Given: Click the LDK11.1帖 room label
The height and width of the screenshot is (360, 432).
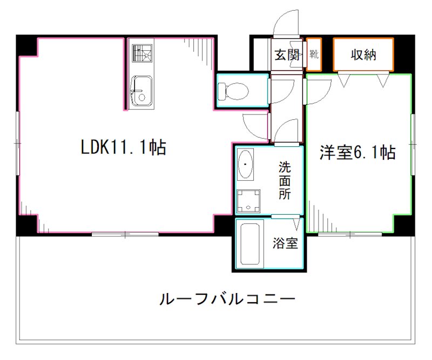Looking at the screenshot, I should click(124, 147).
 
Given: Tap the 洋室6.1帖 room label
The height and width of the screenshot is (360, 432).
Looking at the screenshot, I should click(357, 153).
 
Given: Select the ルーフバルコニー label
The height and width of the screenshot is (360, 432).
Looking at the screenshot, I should click(227, 298).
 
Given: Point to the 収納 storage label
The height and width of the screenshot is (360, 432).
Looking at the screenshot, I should click(363, 55).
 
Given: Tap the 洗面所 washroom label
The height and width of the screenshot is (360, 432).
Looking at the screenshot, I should click(285, 180).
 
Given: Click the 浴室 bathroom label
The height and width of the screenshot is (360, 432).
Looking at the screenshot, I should click(285, 243).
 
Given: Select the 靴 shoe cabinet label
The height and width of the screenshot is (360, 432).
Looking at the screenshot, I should click(314, 55).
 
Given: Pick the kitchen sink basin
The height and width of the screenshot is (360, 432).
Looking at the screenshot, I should click(141, 90).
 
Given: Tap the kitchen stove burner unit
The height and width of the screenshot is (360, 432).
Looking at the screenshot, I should click(142, 54).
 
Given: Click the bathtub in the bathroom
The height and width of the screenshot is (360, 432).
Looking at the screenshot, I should click(249, 244).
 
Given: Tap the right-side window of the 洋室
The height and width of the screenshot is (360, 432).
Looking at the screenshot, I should click(413, 145).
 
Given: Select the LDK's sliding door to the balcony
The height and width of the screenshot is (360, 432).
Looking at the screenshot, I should click(125, 234).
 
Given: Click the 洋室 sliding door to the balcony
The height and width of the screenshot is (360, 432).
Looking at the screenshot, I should click(349, 234).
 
